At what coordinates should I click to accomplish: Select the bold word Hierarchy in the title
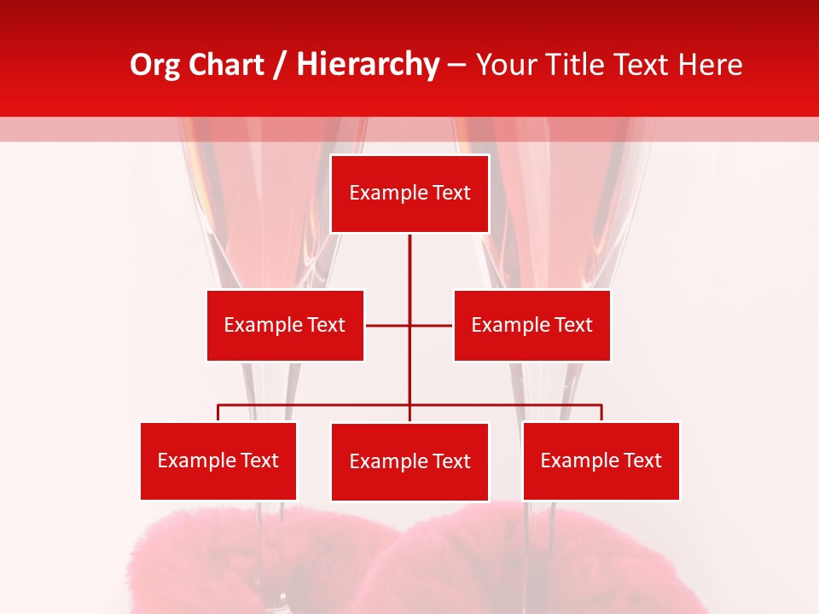tap(367, 66)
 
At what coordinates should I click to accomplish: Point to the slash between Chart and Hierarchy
tap(280, 66)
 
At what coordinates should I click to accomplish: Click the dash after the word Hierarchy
tap(456, 66)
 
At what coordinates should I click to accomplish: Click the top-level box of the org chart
tap(409, 194)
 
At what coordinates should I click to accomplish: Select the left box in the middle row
tap(285, 325)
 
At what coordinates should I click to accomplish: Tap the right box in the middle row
tap(531, 325)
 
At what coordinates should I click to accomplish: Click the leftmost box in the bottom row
tap(218, 460)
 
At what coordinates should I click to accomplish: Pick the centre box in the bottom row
tap(409, 461)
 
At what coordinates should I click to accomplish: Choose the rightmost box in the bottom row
tap(601, 460)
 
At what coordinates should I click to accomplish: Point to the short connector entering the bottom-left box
tap(218, 413)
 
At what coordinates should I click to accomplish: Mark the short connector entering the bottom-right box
tap(601, 413)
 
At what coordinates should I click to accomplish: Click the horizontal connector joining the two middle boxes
tap(388, 325)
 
